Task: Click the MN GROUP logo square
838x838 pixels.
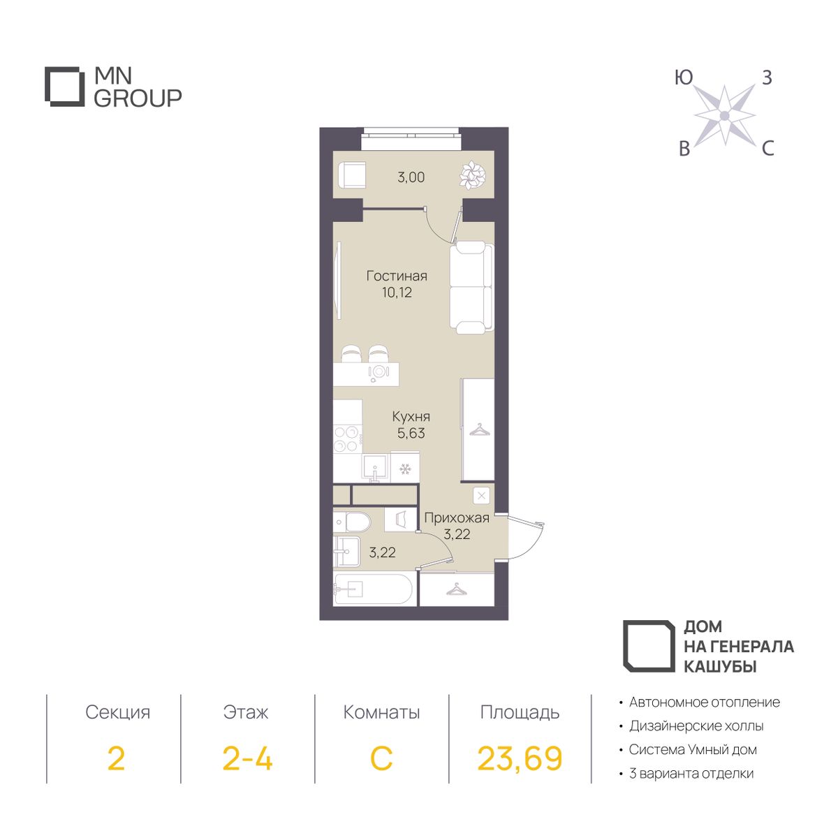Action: point(65,87)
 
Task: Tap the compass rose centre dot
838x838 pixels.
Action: point(724,116)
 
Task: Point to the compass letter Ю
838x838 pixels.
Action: point(684,78)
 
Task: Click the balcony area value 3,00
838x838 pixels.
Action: point(411,178)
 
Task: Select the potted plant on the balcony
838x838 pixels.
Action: point(473,175)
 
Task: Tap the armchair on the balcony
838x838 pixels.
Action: point(351,175)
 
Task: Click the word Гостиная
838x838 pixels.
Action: point(397,276)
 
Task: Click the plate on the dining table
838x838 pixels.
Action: point(378,371)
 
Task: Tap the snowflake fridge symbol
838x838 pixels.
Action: point(405,469)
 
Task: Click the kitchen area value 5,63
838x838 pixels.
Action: point(411,433)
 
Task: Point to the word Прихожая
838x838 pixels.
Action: point(457,517)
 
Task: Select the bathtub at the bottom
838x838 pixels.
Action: point(373,589)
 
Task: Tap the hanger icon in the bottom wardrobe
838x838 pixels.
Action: point(456,589)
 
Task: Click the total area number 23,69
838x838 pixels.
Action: point(520,758)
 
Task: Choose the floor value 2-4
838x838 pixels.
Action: point(247,758)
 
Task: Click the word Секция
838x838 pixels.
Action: point(117,712)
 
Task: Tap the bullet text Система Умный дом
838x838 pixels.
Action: point(693,749)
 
